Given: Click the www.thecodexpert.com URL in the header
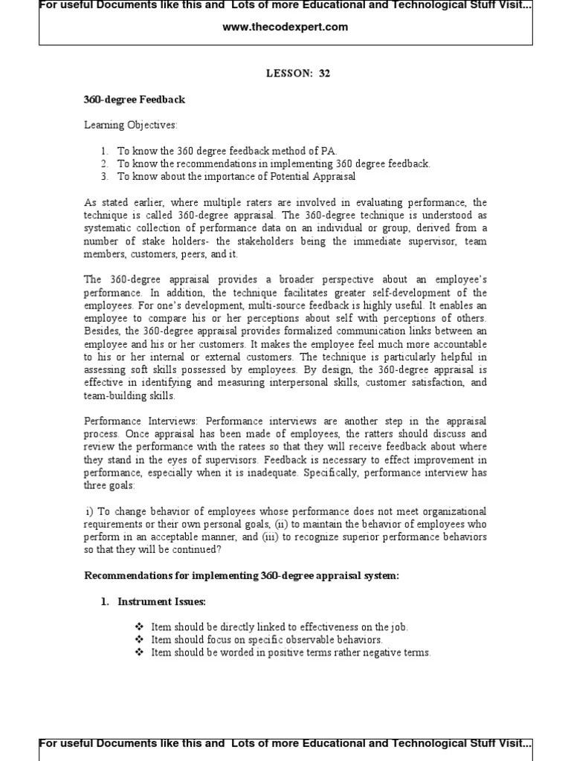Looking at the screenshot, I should (x=285, y=27).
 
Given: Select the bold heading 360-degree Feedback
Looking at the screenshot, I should (x=134, y=100).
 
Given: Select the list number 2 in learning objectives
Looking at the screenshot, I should (x=105, y=163).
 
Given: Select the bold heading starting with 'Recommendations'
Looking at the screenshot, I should (x=242, y=576).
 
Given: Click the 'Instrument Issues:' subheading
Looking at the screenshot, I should (x=161, y=602).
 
